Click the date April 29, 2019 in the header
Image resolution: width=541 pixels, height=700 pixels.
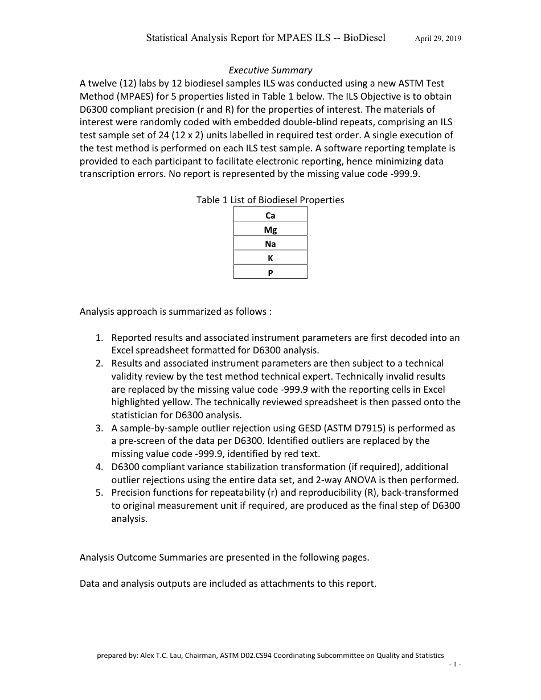click(438, 39)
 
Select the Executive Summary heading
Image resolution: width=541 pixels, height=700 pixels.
click(270, 70)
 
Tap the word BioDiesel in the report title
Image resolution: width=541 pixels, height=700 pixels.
click(363, 38)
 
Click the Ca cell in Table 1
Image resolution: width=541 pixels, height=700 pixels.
click(270, 216)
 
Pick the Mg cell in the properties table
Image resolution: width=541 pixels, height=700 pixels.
click(270, 230)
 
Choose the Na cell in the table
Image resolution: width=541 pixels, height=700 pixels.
click(270, 244)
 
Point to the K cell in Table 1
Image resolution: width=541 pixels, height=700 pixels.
click(270, 258)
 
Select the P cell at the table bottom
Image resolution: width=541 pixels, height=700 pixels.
click(270, 273)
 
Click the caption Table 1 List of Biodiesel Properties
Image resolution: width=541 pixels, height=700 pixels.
click(270, 200)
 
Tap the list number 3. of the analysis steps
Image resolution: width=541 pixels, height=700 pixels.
click(99, 428)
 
